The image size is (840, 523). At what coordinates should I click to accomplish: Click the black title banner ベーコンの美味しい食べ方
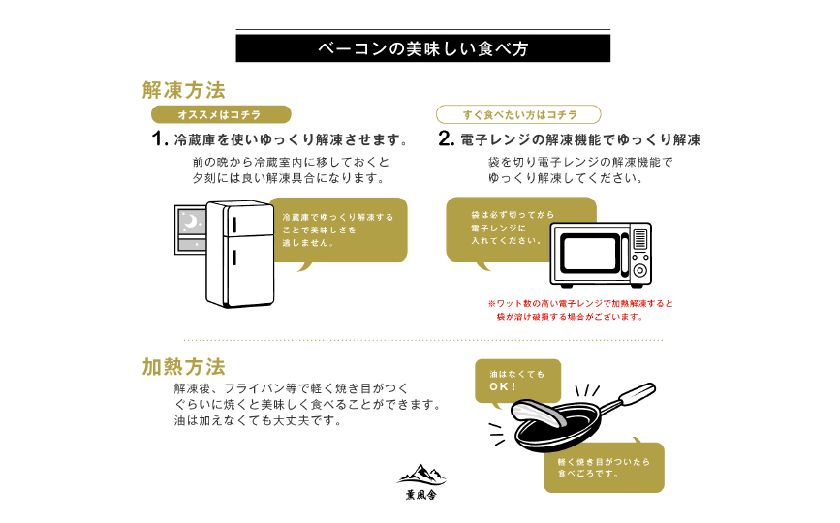click(x=422, y=48)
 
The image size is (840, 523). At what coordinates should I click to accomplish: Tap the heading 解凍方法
click(x=184, y=91)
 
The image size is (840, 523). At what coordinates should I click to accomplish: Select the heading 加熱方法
click(x=184, y=367)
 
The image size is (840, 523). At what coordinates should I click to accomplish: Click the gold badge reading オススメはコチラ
click(x=221, y=115)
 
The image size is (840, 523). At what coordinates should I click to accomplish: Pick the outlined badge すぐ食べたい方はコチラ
click(x=518, y=114)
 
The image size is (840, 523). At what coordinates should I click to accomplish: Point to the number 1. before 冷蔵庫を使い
click(x=161, y=139)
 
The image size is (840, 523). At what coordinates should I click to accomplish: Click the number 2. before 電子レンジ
click(x=446, y=139)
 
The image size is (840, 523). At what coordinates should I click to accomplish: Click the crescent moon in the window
click(x=192, y=223)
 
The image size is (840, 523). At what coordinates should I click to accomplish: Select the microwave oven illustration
click(x=601, y=254)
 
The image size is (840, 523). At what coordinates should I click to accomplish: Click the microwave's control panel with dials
click(x=639, y=254)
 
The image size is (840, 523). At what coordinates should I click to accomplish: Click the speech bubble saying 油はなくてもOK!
click(x=516, y=380)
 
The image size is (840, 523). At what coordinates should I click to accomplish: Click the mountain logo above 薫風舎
click(x=421, y=474)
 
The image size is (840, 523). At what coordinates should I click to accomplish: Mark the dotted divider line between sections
click(x=422, y=340)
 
